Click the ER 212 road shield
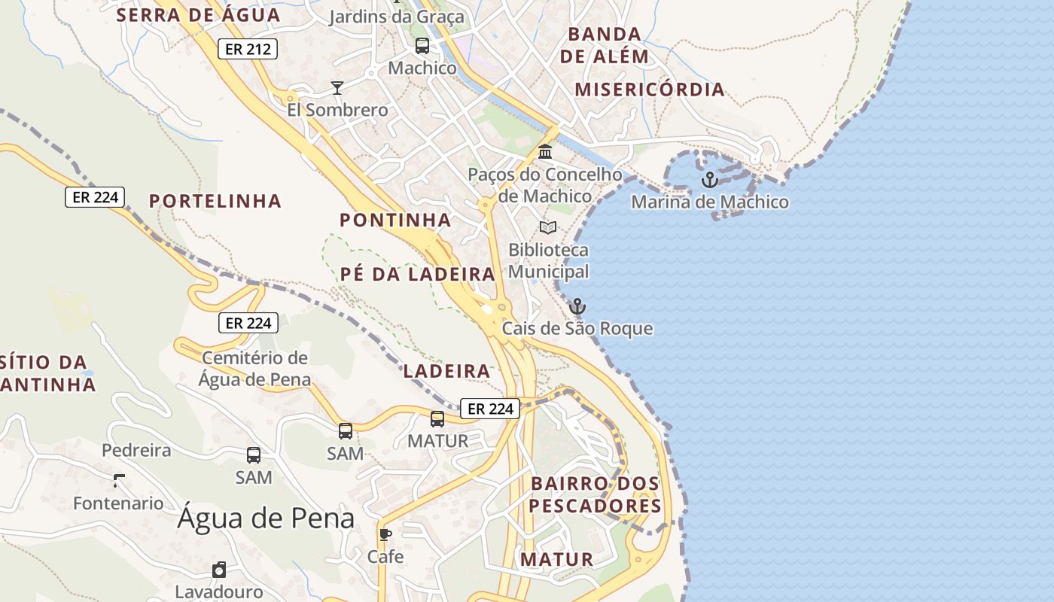(248, 50)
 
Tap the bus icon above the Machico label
(422, 46)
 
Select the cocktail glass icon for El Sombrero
(337, 88)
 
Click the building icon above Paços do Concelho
(545, 152)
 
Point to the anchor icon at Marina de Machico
(709, 180)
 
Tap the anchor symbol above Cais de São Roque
(577, 306)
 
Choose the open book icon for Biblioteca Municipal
(548, 227)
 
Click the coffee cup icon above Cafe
(385, 535)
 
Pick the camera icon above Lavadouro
(219, 570)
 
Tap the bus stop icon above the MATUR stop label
(437, 419)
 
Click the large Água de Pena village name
(266, 518)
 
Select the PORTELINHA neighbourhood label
(215, 201)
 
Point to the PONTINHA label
(395, 220)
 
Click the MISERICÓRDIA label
(650, 90)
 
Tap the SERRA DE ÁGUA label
(199, 15)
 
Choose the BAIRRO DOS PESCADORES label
(595, 494)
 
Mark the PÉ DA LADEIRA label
(418, 274)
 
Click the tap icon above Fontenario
(118, 480)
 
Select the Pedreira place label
(136, 451)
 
